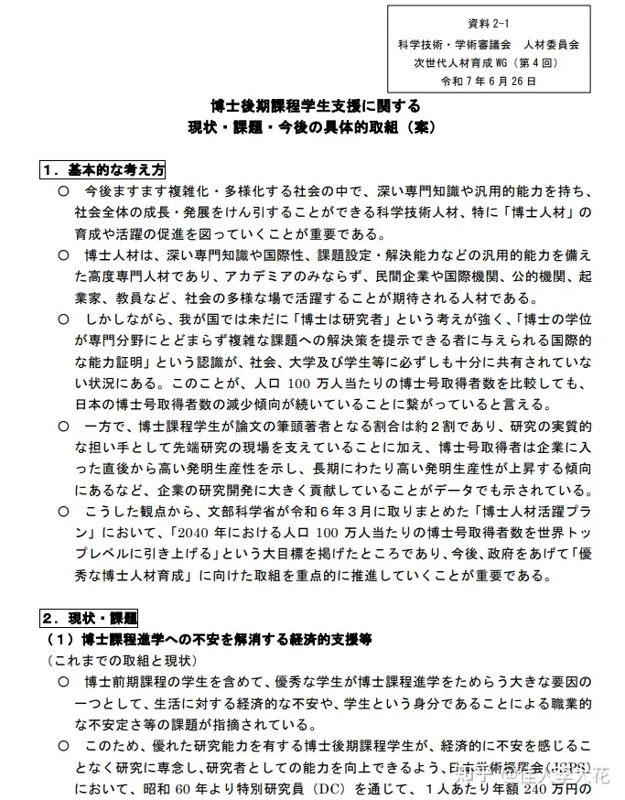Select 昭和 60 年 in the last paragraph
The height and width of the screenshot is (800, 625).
[178, 787]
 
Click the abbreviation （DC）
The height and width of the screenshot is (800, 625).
[326, 787]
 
